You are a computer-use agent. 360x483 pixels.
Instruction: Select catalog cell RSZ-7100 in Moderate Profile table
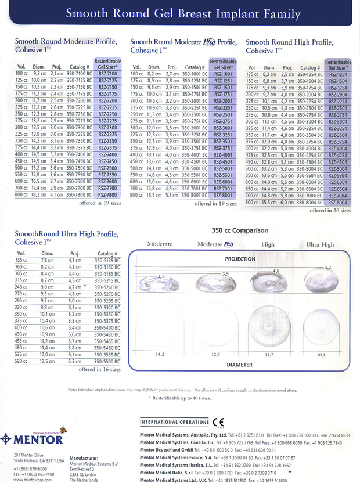pyautogui.click(x=108, y=74)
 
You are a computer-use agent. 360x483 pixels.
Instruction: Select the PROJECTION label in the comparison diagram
pyautogui.click(x=240, y=259)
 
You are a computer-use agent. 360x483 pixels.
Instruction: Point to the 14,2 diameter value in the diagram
pyautogui.click(x=156, y=353)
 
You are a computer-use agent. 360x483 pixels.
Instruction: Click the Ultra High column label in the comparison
pyautogui.click(x=320, y=244)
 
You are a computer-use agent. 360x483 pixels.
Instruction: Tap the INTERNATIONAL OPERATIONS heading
pyautogui.click(x=173, y=423)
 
